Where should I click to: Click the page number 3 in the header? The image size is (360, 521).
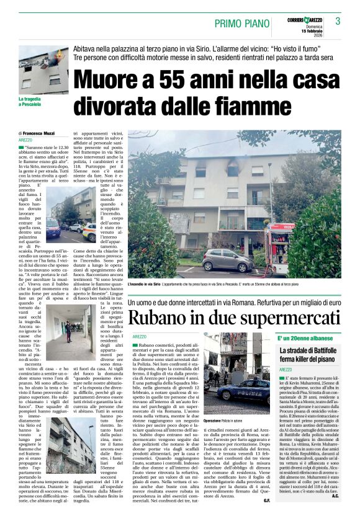point(338,21)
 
